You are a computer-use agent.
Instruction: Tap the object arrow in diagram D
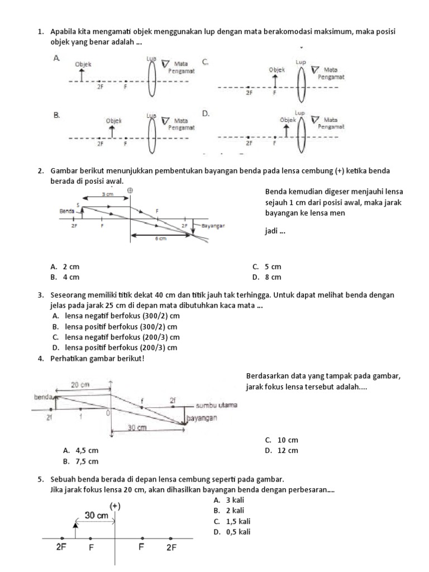(x=287, y=131)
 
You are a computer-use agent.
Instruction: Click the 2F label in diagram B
(x=101, y=144)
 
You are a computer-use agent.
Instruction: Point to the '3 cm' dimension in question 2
(x=106, y=194)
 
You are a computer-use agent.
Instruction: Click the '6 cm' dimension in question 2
(x=161, y=239)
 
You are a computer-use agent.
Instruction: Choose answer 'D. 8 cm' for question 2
(x=266, y=277)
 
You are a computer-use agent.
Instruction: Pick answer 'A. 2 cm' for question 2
(x=64, y=267)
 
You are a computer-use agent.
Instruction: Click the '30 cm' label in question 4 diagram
(x=137, y=428)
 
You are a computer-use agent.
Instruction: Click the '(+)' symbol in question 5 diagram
(x=115, y=506)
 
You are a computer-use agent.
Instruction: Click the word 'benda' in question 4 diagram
(x=43, y=397)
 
